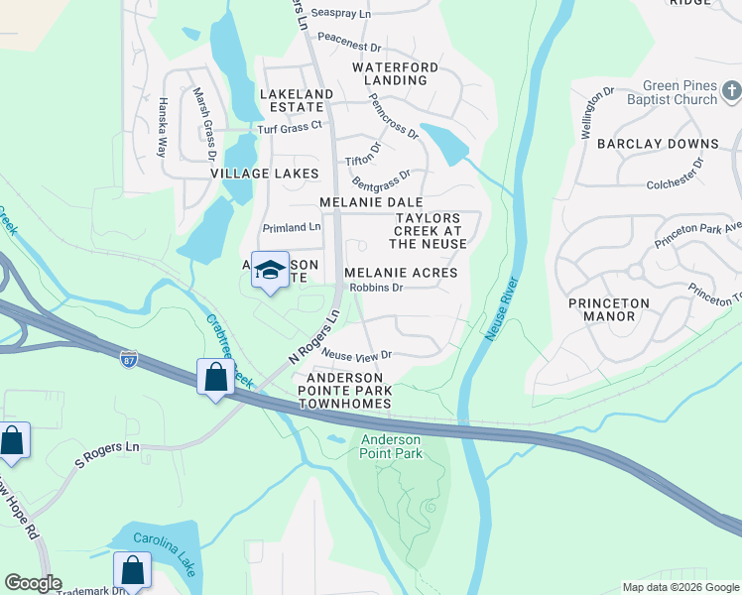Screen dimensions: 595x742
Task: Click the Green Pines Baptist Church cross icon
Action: click(732, 92)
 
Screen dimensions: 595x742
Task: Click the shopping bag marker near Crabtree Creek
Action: click(215, 377)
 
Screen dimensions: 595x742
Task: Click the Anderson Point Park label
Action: click(391, 446)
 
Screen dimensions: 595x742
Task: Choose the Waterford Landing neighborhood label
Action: click(395, 73)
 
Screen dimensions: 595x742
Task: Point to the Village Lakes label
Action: click(265, 174)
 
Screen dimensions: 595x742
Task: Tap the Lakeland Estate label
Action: click(297, 101)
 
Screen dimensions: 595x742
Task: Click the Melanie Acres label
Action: click(401, 273)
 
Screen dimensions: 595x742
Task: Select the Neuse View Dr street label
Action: click(357, 354)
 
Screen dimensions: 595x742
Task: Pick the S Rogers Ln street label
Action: click(107, 447)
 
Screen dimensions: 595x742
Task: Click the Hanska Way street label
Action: click(162, 127)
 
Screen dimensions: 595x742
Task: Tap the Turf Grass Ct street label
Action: click(290, 127)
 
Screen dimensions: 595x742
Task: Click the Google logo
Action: click(33, 583)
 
